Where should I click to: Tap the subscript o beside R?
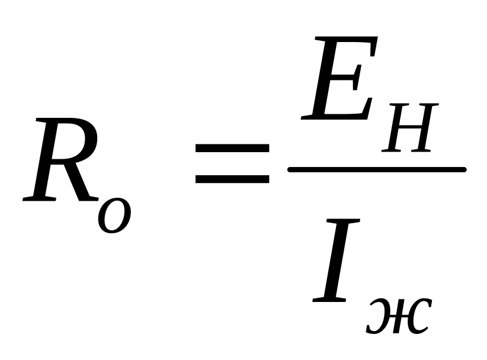(115, 214)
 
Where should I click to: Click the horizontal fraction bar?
(376, 170)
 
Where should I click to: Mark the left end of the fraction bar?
(290, 170)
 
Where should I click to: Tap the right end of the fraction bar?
(463, 170)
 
